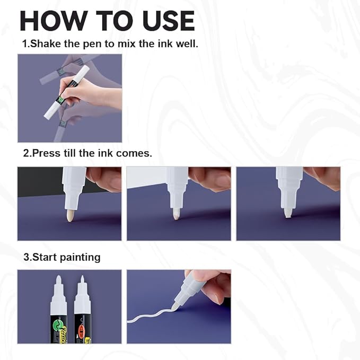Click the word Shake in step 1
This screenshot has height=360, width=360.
point(45,43)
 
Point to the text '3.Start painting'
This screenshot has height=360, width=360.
point(61,257)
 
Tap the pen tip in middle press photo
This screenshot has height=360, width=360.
point(175,214)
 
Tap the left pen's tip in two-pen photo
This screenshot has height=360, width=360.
point(58,282)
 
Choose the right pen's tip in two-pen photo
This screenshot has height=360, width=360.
point(82,280)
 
